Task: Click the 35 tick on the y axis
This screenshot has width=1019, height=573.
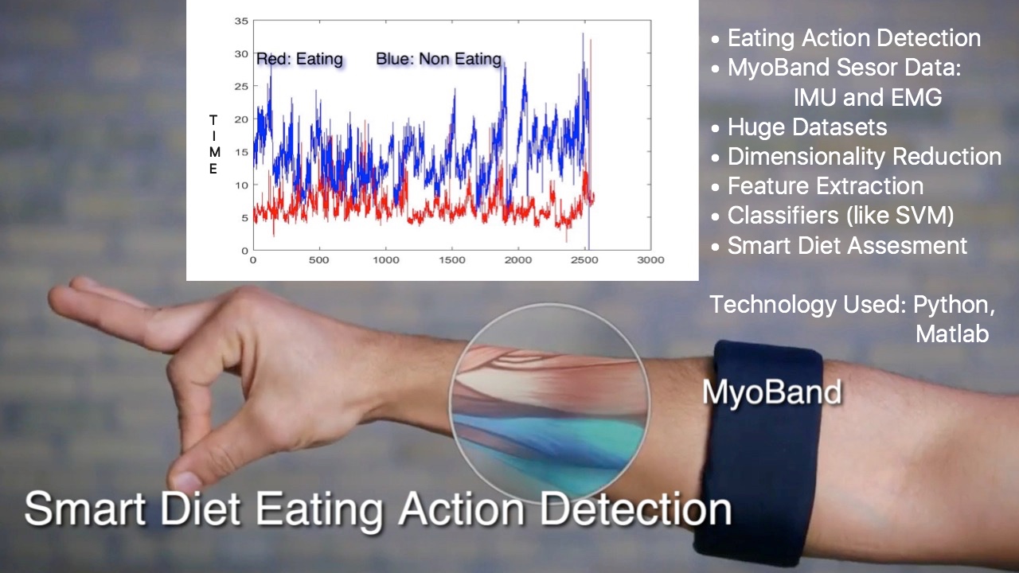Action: click(x=241, y=21)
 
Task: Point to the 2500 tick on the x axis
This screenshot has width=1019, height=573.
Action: click(x=584, y=260)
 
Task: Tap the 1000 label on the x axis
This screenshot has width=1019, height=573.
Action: click(x=386, y=260)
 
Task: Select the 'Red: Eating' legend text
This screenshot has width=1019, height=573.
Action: click(x=300, y=59)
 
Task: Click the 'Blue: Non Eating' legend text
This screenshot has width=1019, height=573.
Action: click(x=439, y=59)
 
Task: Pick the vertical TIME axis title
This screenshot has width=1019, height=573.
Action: click(x=213, y=145)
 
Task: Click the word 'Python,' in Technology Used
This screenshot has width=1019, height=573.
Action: click(x=954, y=305)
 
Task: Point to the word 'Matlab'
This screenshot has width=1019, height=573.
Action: click(x=952, y=333)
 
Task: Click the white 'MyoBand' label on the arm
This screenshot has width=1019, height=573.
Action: click(x=771, y=392)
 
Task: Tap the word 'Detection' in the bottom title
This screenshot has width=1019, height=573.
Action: click(x=635, y=509)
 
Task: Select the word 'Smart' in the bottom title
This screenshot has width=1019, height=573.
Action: click(x=85, y=509)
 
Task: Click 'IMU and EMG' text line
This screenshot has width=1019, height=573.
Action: click(x=868, y=97)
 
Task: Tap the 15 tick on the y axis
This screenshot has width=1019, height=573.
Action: click(x=241, y=152)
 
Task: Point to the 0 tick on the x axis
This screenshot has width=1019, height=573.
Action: click(x=253, y=260)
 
